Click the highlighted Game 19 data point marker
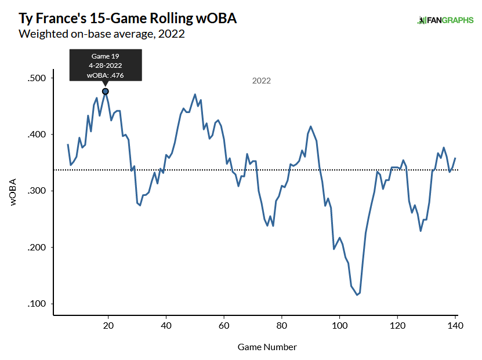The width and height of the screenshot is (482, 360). [x=106, y=91]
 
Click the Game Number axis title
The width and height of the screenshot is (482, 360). [x=267, y=347]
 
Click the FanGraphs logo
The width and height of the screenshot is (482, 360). [x=445, y=20]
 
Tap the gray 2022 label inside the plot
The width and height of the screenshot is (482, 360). [x=261, y=81]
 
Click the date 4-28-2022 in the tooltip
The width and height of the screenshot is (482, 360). [x=106, y=66]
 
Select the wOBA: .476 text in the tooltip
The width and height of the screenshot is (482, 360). [x=106, y=75]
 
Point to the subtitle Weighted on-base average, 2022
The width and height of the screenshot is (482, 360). [x=102, y=34]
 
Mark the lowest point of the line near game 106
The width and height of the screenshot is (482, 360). [x=357, y=295]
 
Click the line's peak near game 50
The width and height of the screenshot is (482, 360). [x=195, y=94]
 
